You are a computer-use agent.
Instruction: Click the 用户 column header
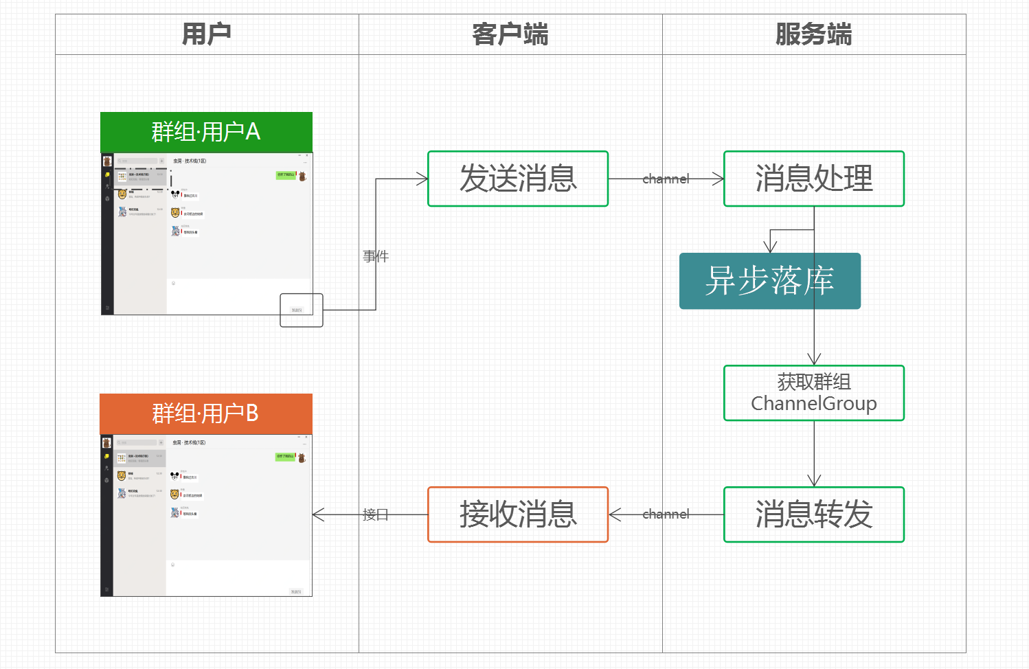pyautogui.click(x=207, y=34)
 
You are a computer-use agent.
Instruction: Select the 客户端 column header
pyautogui.click(x=510, y=34)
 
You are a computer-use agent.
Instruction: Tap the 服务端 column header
pyautogui.click(x=814, y=34)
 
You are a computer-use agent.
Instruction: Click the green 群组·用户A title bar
pyautogui.click(x=206, y=132)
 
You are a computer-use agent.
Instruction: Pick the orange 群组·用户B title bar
pyautogui.click(x=205, y=413)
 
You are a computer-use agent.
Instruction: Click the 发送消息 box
pyautogui.click(x=518, y=179)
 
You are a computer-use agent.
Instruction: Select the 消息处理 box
pyautogui.click(x=814, y=179)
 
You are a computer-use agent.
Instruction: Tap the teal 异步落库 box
pyautogui.click(x=769, y=281)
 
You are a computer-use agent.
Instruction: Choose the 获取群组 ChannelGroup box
pyautogui.click(x=814, y=393)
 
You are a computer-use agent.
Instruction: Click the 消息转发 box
pyautogui.click(x=814, y=514)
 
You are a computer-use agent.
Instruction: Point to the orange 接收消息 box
pyautogui.click(x=518, y=514)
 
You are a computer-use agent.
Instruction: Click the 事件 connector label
pyautogui.click(x=376, y=256)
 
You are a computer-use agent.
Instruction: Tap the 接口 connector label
pyautogui.click(x=375, y=514)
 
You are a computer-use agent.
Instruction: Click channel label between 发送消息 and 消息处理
pyautogui.click(x=666, y=179)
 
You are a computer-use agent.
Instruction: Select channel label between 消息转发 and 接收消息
pyautogui.click(x=666, y=514)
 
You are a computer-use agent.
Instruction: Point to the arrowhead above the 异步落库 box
pyautogui.click(x=771, y=247)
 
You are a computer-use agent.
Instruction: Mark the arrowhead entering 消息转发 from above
pyautogui.click(x=814, y=481)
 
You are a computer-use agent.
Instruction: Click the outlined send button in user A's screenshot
pyautogui.click(x=301, y=310)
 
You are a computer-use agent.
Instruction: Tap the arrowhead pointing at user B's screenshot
pyautogui.click(x=318, y=514)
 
